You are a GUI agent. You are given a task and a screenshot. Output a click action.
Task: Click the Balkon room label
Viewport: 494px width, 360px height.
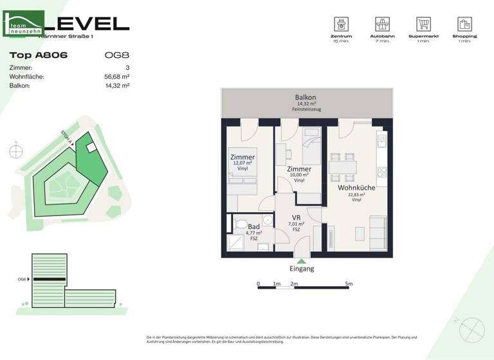click(x=306, y=98)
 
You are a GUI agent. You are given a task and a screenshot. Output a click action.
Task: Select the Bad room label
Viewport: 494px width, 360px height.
click(x=253, y=228)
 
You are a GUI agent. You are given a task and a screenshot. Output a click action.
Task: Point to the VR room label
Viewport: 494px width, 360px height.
click(x=297, y=218)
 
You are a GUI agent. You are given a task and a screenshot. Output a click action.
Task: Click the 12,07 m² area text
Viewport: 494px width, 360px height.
click(x=242, y=163)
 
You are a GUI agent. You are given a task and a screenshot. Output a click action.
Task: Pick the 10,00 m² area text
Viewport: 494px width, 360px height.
click(x=299, y=175)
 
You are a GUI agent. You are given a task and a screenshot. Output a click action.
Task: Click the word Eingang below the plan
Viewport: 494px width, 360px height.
click(x=302, y=269)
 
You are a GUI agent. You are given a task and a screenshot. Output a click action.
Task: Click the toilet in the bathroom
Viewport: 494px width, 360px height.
click(x=241, y=225)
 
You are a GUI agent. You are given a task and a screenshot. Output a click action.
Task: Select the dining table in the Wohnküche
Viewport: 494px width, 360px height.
click(x=343, y=167)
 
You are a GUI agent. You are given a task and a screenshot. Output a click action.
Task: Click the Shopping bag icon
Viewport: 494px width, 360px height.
click(x=464, y=24)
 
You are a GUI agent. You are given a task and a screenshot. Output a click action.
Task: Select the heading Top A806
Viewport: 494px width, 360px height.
click(x=39, y=55)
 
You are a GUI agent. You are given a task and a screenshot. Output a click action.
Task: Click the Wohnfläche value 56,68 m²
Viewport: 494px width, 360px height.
click(x=118, y=76)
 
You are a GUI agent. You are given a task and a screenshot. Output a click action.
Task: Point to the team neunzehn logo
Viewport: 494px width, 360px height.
click(x=24, y=24)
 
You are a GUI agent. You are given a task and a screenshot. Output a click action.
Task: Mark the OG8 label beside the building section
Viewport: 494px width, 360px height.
click(x=22, y=279)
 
